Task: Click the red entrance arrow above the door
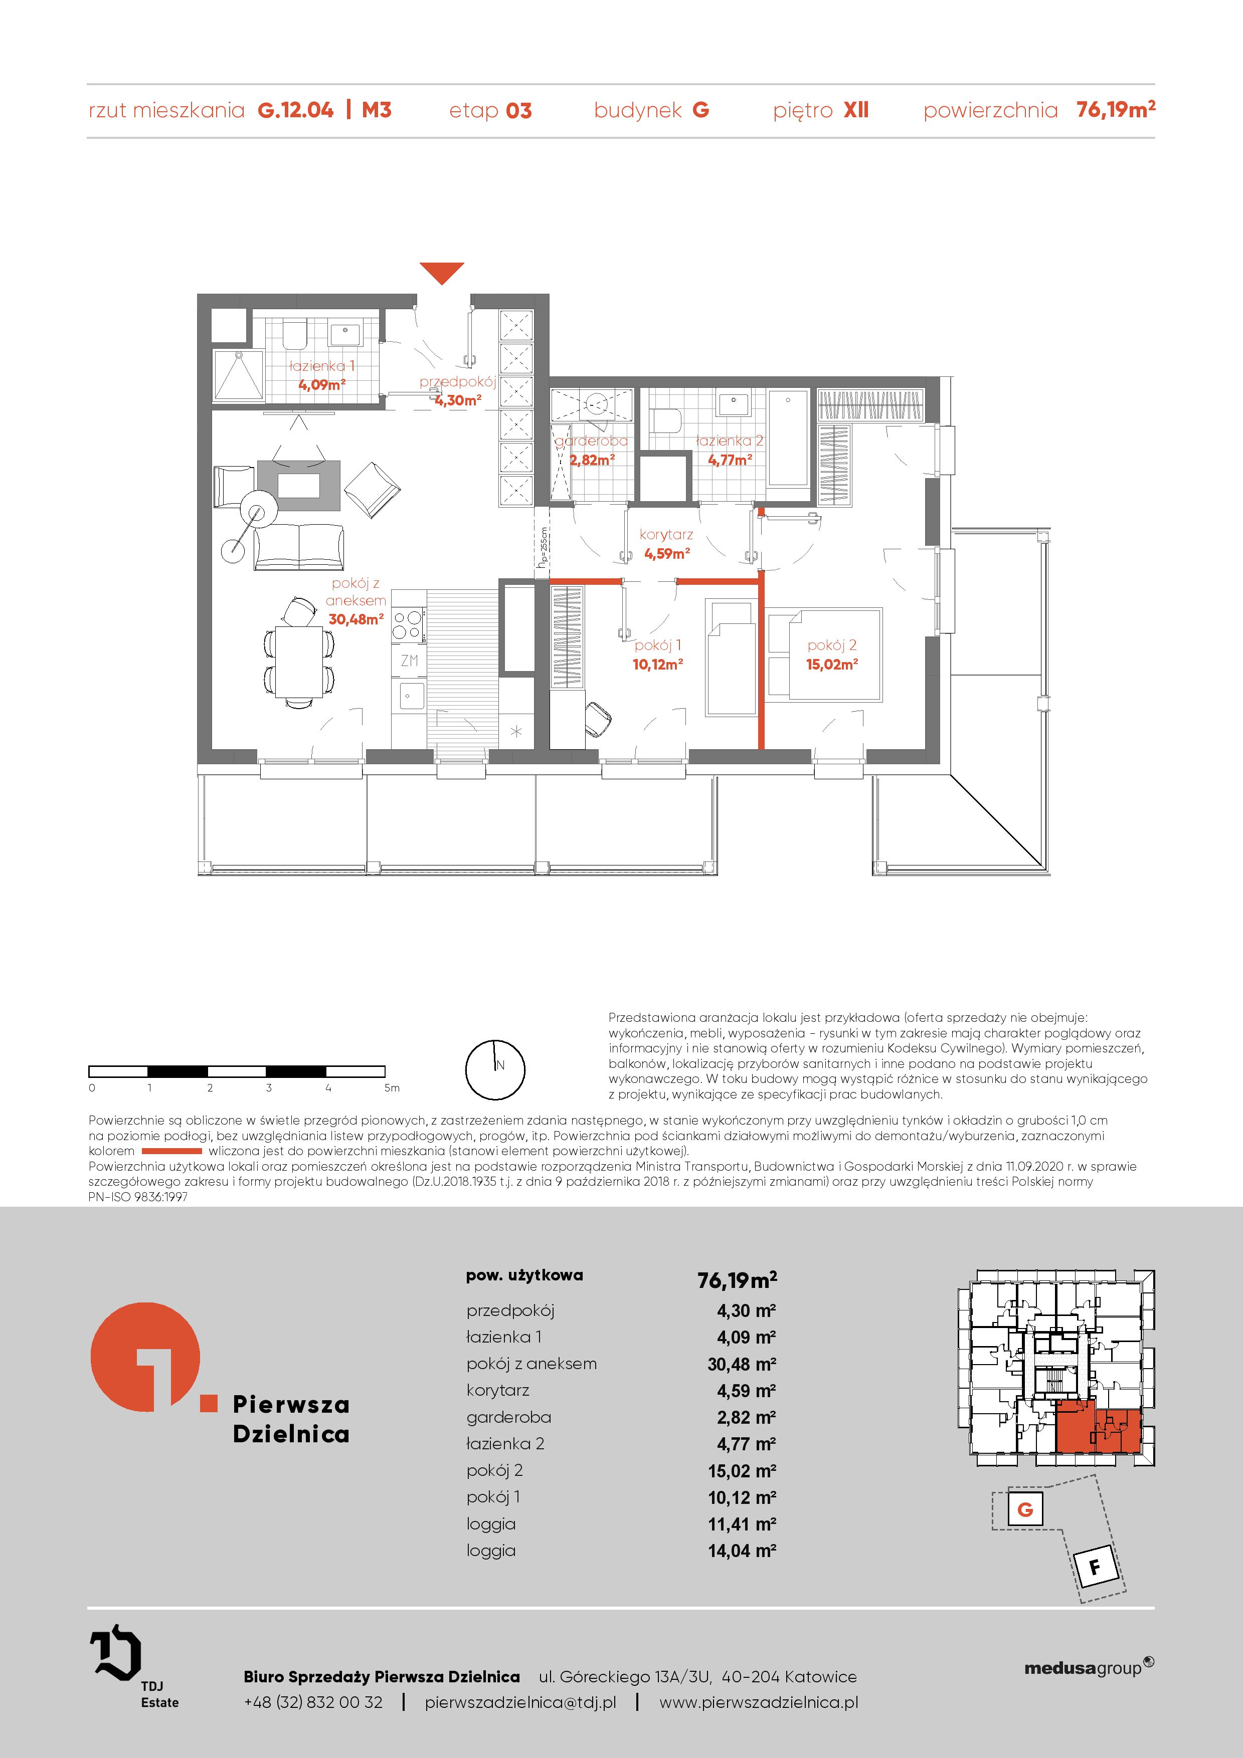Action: pos(442,272)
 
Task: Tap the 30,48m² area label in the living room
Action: pos(356,619)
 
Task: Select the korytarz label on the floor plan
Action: pos(666,534)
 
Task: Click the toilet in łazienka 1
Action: pos(294,334)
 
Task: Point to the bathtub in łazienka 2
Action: pos(788,438)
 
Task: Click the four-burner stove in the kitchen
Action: pos(408,623)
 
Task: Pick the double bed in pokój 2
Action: pos(824,654)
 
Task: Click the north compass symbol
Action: pos(495,1069)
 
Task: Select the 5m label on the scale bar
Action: pos(392,1087)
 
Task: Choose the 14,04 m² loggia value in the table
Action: pos(742,1551)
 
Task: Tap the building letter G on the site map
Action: pos(1025,1510)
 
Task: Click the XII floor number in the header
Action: pos(856,110)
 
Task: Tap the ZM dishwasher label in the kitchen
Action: pos(409,660)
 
